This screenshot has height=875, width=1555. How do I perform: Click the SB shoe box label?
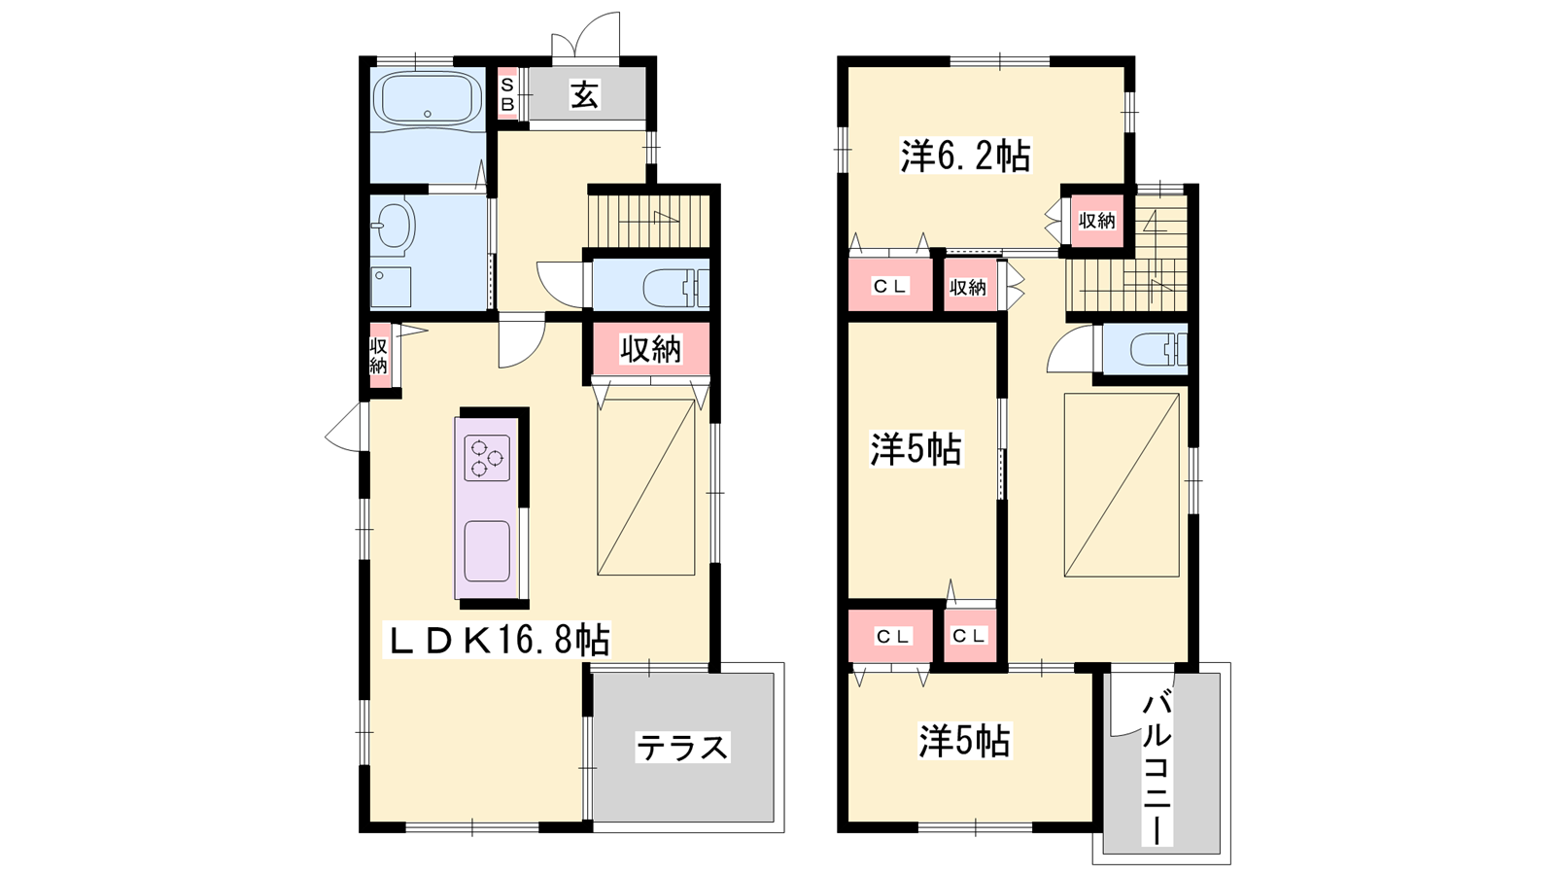pos(507,94)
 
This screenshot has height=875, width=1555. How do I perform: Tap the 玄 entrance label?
pos(584,95)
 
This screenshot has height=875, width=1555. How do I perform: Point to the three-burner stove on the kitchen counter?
pos(487,458)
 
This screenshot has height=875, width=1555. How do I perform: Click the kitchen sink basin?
pos(487,550)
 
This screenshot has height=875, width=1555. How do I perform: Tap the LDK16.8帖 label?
pos(497,641)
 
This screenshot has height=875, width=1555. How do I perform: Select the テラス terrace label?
pos(682,748)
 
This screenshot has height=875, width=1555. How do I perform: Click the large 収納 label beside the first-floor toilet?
pos(650,349)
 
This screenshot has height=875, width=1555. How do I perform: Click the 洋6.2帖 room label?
pos(966,156)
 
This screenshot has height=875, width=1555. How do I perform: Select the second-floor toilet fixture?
pos(1158,349)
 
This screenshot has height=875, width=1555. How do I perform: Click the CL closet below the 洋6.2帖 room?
pos(890,285)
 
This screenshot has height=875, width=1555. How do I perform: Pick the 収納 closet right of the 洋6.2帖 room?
pos(1097,220)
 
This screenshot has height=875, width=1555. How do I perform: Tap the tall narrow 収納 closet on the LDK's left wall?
pos(379,356)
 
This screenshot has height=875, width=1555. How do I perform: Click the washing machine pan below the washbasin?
pos(391,287)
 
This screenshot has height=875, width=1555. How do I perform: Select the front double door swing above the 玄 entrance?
pos(585,35)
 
